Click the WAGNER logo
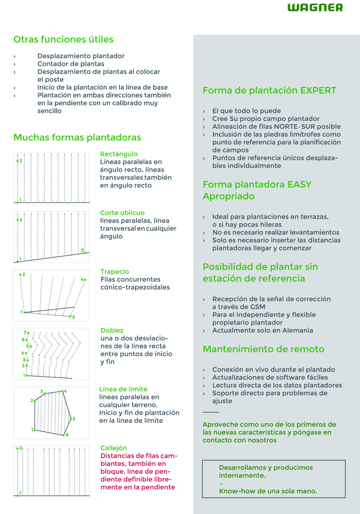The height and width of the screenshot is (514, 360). (x=315, y=8)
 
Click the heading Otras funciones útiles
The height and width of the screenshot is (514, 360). (x=63, y=40)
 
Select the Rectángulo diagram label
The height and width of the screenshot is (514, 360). (x=119, y=154)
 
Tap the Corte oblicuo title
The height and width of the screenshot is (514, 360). (x=122, y=213)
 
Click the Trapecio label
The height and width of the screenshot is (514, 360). (x=115, y=272)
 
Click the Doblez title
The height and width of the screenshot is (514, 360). (x=112, y=330)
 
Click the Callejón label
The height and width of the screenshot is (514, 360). (x=113, y=448)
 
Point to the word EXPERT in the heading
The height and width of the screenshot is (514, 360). (x=318, y=90)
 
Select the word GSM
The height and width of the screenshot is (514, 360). (x=258, y=307)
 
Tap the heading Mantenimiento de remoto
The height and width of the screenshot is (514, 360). (x=263, y=349)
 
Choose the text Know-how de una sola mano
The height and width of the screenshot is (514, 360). (x=268, y=491)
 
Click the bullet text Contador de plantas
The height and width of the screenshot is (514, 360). (x=71, y=64)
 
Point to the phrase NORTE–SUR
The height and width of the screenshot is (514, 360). (x=295, y=126)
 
